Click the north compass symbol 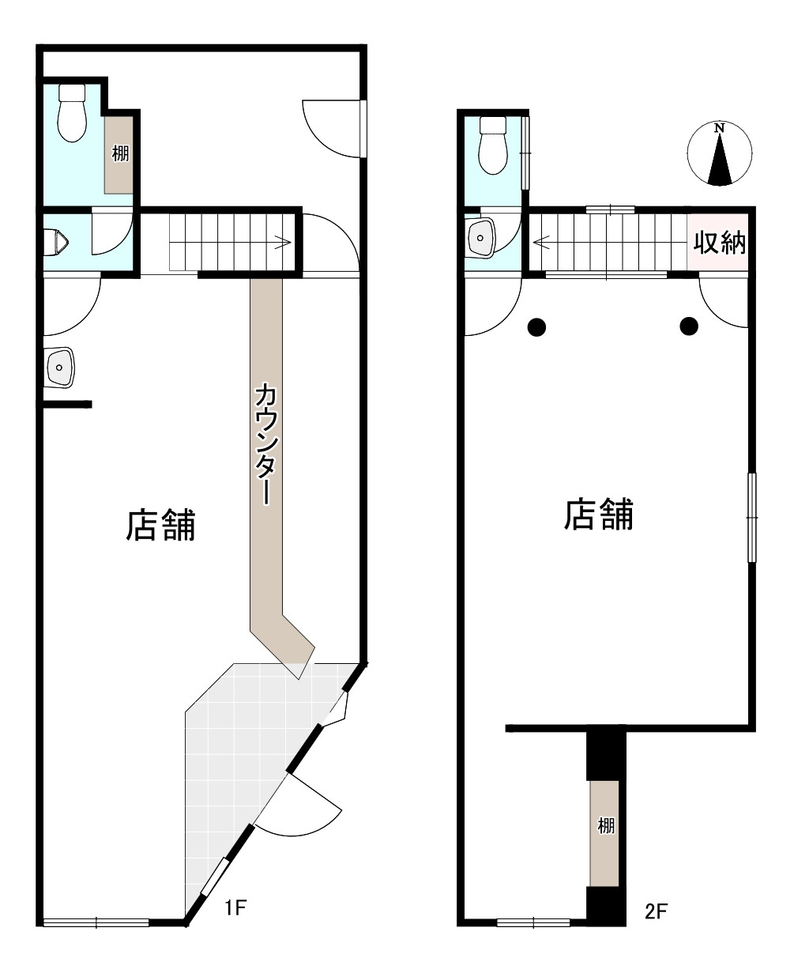pyautogui.click(x=719, y=155)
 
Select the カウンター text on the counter pyautogui.click(x=266, y=443)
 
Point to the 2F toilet pyautogui.click(x=494, y=145)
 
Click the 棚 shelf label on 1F pyautogui.click(x=120, y=153)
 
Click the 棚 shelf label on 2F pyautogui.click(x=606, y=827)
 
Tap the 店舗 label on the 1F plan pyautogui.click(x=160, y=525)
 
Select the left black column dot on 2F pyautogui.click(x=536, y=325)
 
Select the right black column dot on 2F pyautogui.click(x=689, y=324)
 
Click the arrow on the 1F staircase pyautogui.click(x=281, y=243)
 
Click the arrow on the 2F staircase pyautogui.click(x=540, y=242)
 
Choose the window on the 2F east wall pyautogui.click(x=751, y=517)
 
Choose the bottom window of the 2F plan pyautogui.click(x=534, y=922)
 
